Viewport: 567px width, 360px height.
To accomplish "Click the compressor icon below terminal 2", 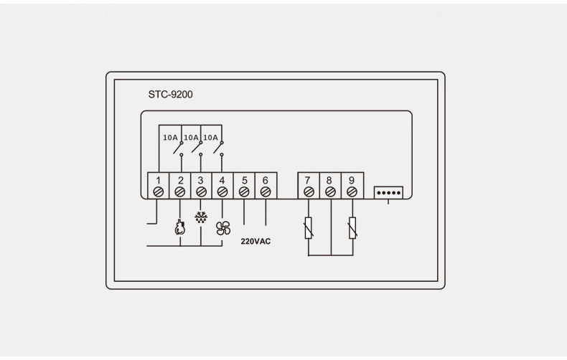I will pos(179,227).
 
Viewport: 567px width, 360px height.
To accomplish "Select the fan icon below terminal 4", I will pos(222,228).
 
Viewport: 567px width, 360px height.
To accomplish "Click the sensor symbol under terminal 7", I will pos(309,228).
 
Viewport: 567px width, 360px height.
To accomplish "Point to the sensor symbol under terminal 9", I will pos(352,228).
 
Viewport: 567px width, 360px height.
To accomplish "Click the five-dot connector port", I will pos(388,193).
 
